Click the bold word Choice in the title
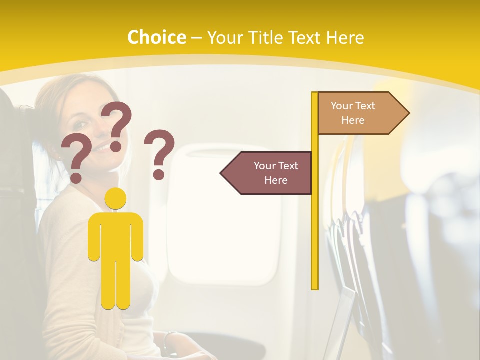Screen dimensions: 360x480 (156, 37)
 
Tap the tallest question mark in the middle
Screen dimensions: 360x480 (117, 125)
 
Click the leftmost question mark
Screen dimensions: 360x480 (76, 157)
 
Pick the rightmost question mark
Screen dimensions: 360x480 (159, 153)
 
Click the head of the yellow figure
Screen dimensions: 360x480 (115, 199)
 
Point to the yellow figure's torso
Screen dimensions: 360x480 (115, 235)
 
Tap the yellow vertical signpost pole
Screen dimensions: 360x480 (315, 225)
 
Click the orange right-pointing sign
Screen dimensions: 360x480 (357, 113)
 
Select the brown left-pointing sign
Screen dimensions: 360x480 (272, 173)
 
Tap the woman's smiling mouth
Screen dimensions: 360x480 (100, 148)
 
